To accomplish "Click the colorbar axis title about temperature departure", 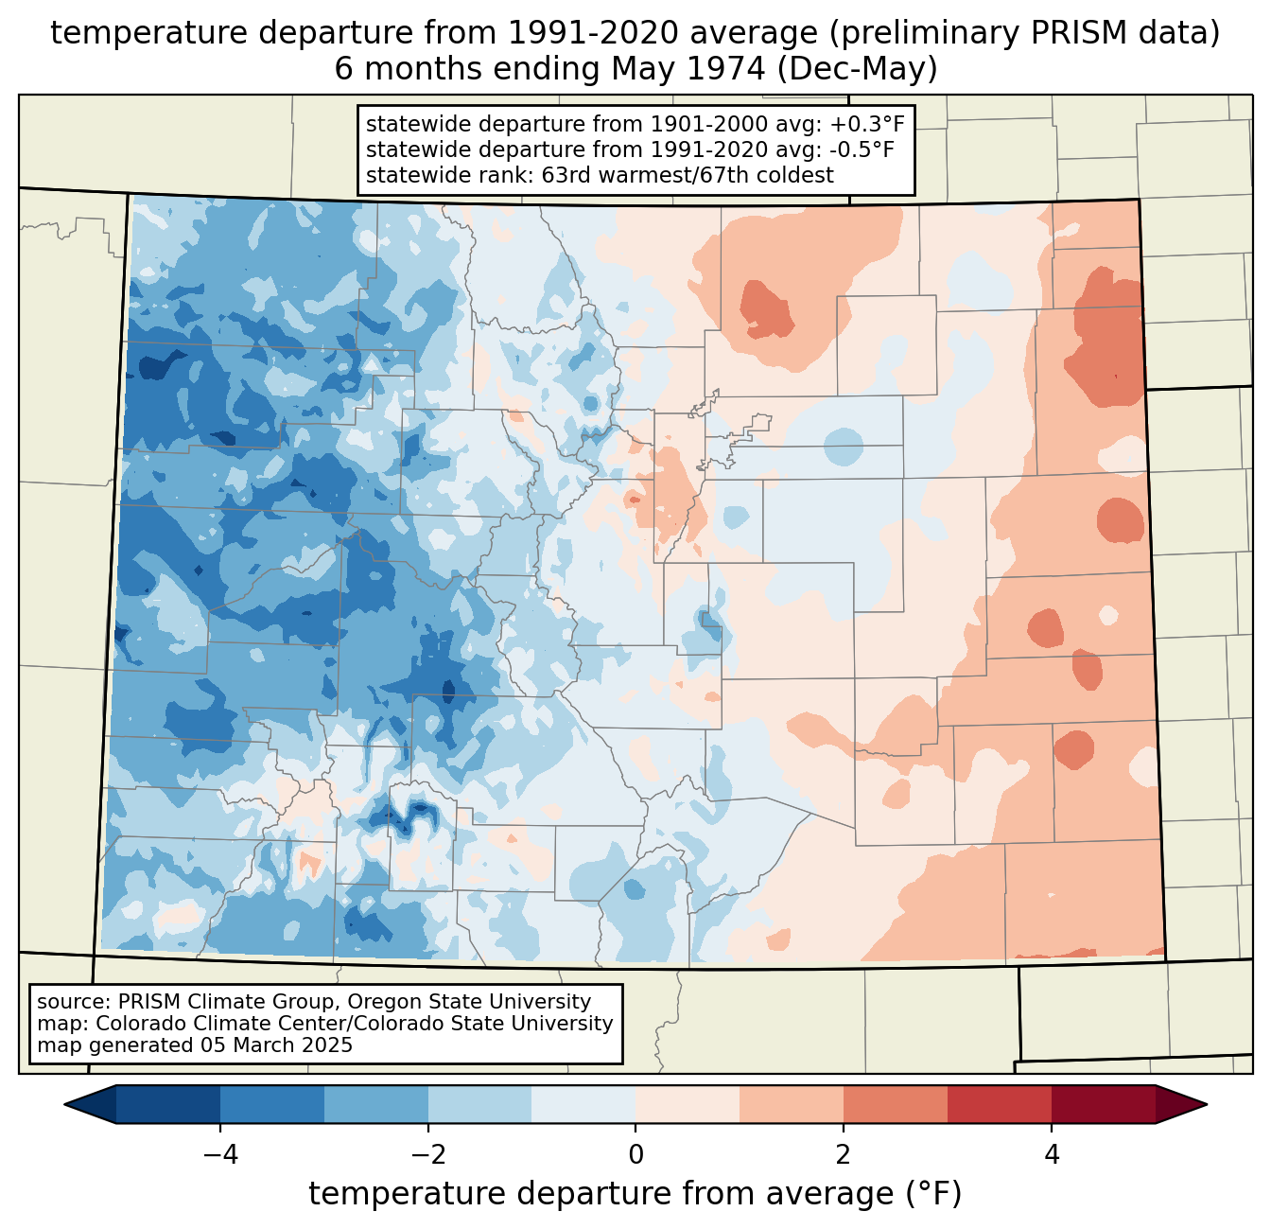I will (635, 1194).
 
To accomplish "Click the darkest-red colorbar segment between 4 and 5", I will (1103, 1104).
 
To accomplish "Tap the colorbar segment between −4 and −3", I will (271, 1104).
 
